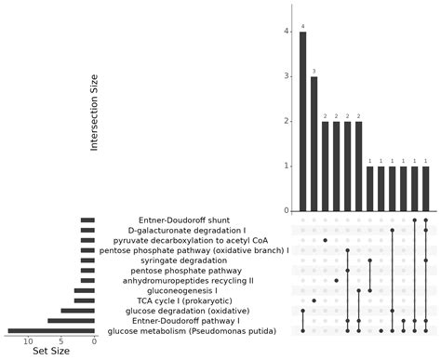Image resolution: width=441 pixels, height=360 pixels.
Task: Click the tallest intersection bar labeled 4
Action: (303, 121)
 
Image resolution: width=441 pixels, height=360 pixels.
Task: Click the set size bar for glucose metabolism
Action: (51, 330)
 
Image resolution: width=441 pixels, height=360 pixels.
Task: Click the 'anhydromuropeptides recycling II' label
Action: (193, 280)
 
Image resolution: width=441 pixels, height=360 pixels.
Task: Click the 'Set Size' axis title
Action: (51, 351)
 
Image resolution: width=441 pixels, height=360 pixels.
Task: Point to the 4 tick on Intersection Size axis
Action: (286, 32)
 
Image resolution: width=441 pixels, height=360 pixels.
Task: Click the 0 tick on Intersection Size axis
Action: (286, 211)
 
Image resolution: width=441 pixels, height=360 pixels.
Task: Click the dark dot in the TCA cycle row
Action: (314, 300)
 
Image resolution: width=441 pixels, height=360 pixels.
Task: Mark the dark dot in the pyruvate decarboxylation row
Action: (326, 240)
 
